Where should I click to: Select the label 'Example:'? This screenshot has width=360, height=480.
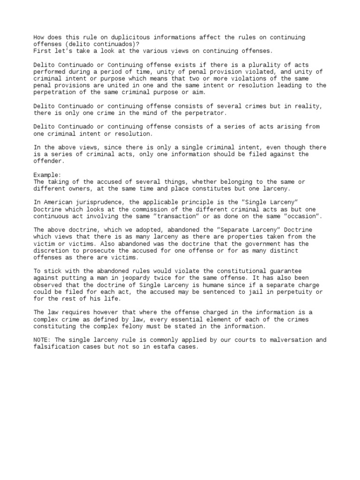(47, 175)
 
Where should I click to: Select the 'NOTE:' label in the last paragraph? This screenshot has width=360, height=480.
(43, 340)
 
